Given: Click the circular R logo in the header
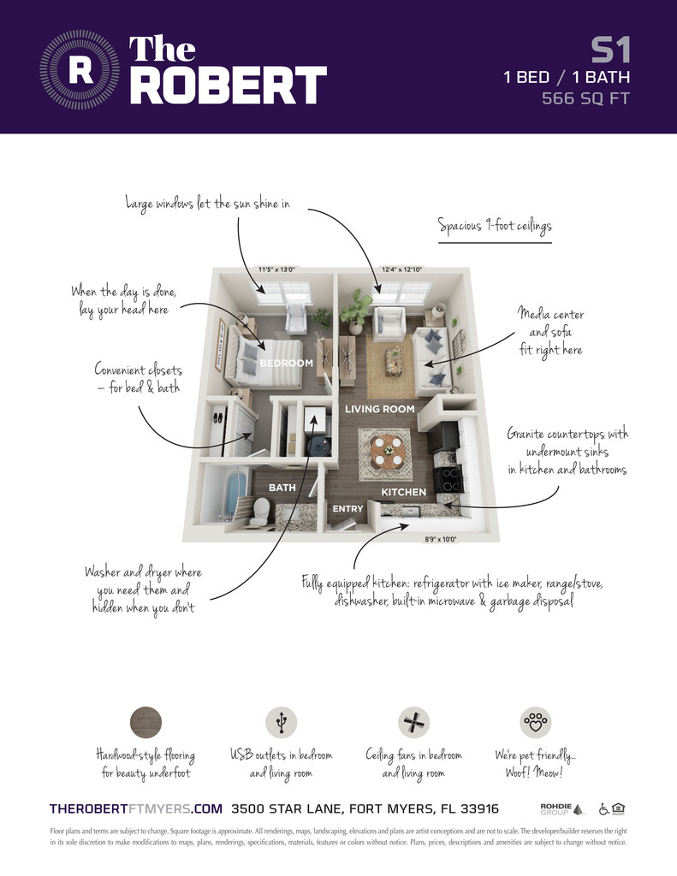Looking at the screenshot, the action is [x=80, y=70].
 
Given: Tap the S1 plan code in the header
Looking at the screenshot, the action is [x=610, y=50].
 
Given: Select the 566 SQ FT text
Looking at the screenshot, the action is [x=585, y=98].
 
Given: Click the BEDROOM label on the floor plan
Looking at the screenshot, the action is [x=287, y=364].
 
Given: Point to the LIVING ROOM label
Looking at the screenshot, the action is [x=379, y=409].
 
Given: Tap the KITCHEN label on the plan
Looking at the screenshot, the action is [x=403, y=492].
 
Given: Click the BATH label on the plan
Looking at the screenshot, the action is [x=282, y=488].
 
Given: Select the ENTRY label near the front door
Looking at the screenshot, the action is [x=347, y=509].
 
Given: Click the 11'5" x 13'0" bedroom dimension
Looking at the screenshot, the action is [x=279, y=270].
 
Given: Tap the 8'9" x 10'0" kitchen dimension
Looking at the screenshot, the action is [x=441, y=540].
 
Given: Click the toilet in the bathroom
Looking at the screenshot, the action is [x=260, y=512].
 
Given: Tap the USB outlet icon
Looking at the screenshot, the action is [x=281, y=723].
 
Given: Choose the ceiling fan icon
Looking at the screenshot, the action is [x=413, y=723].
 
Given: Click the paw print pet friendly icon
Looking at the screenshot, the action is [x=537, y=723].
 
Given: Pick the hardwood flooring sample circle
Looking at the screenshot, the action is [x=145, y=723].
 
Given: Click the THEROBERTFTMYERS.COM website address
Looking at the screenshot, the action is [x=136, y=808].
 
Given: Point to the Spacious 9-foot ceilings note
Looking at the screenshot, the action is [x=495, y=227].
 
